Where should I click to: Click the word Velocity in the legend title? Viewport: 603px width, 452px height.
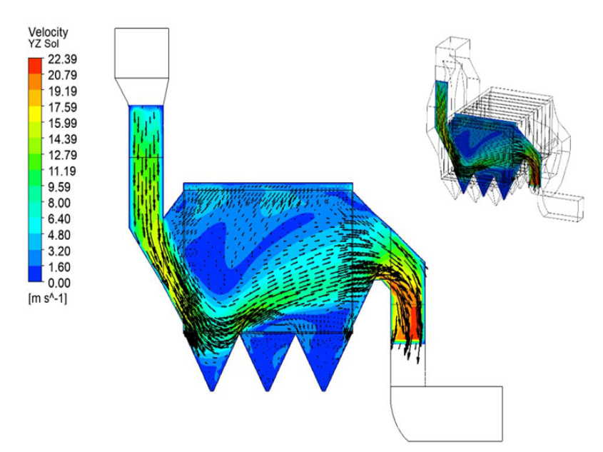pos(48,32)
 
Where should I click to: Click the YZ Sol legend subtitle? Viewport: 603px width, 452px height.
pos(44,44)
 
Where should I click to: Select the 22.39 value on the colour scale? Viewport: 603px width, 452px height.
pos(62,59)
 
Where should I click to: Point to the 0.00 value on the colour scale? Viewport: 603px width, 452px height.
pos(59,283)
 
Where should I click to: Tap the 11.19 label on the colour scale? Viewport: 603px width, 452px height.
pos(62,171)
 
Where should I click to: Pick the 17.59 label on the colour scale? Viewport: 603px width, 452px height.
pos(62,107)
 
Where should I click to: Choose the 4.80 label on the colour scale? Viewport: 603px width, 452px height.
pos(59,235)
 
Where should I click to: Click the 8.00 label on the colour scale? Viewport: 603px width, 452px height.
pos(59,203)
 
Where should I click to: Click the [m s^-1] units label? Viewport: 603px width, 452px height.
pos(47,298)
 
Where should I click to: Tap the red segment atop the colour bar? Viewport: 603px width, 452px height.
pos(35,66)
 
